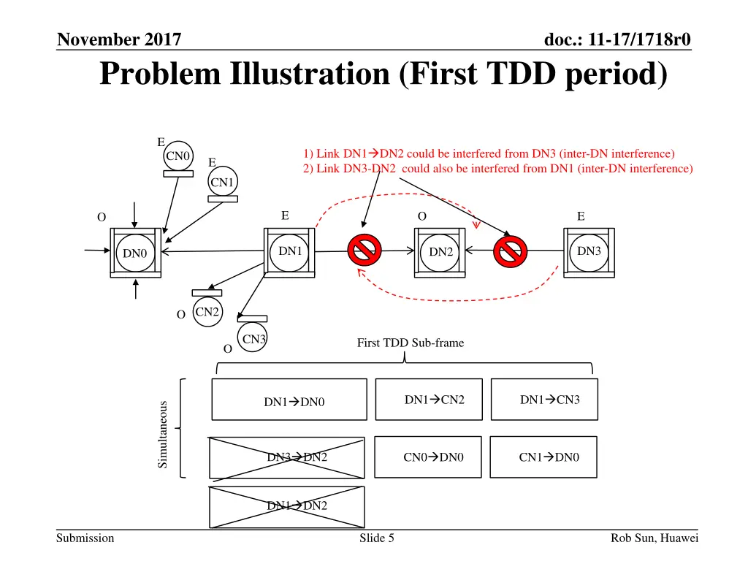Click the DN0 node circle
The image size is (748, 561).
(x=135, y=253)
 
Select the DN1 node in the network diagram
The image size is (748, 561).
(x=290, y=251)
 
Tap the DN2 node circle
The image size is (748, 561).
(x=440, y=252)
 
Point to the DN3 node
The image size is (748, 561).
(x=589, y=251)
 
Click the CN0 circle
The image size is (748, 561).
(x=178, y=156)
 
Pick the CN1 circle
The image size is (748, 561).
(x=222, y=182)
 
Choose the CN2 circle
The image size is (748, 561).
(x=207, y=312)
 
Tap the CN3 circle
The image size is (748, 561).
(x=253, y=339)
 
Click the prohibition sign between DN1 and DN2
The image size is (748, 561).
(x=363, y=251)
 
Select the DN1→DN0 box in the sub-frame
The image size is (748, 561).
(x=289, y=400)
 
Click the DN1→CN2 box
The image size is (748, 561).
(x=429, y=400)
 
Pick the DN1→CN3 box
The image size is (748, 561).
(x=544, y=400)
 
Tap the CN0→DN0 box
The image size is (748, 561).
(x=428, y=457)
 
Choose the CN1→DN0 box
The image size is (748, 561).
(x=543, y=457)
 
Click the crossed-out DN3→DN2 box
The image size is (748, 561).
(x=286, y=458)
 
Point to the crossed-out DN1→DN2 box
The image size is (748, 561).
(x=286, y=505)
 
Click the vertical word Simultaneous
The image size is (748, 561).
(x=163, y=434)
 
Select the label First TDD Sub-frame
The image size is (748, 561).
(x=410, y=343)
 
